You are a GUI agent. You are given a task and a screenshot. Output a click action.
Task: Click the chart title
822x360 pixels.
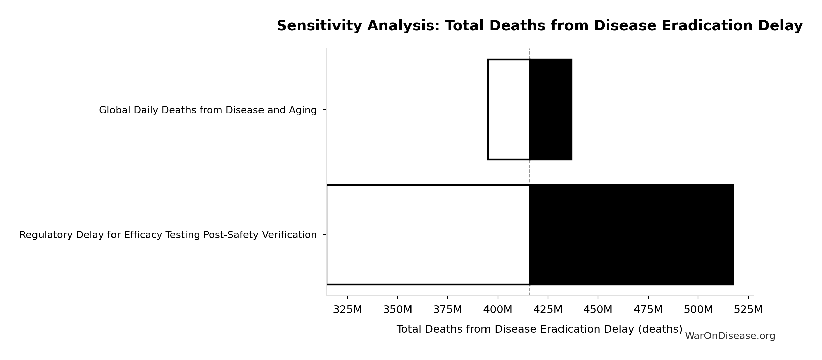coord(539,26)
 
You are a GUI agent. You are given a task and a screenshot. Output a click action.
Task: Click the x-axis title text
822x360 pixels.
coord(539,329)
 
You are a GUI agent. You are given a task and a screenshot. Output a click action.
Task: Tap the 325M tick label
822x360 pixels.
coord(347,310)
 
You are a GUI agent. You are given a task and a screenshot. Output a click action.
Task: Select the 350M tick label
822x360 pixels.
coord(397,310)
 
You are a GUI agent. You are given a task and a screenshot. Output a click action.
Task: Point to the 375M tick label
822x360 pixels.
coord(447,310)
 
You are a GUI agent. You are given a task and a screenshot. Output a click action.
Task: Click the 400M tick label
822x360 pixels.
coord(498,310)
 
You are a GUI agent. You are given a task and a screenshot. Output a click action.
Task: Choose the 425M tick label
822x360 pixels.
coord(548,310)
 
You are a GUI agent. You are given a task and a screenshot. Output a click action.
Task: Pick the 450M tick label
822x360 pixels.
coord(598,310)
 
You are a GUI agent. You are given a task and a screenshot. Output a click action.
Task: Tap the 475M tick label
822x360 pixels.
coord(648,310)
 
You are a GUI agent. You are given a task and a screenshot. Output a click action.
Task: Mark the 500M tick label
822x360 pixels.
coord(698,310)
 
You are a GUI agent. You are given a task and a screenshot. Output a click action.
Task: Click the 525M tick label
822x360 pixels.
coord(748,310)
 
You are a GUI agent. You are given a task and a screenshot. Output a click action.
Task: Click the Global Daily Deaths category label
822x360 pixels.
coord(208,110)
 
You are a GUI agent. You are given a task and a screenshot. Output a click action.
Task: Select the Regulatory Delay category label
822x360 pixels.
coord(168,235)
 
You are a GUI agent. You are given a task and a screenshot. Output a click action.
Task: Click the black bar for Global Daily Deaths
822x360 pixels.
coord(551,110)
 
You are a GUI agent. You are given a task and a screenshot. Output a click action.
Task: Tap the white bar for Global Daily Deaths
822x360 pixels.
coord(509,110)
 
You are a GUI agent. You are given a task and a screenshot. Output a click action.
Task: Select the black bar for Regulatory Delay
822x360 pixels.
coord(631,234)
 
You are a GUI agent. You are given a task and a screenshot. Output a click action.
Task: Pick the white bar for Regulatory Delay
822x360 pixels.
coord(428,234)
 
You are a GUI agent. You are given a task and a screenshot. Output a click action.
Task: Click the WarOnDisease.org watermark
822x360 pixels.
coord(730,336)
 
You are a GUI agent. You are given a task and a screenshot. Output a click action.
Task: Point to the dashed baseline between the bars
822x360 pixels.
coord(530,172)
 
